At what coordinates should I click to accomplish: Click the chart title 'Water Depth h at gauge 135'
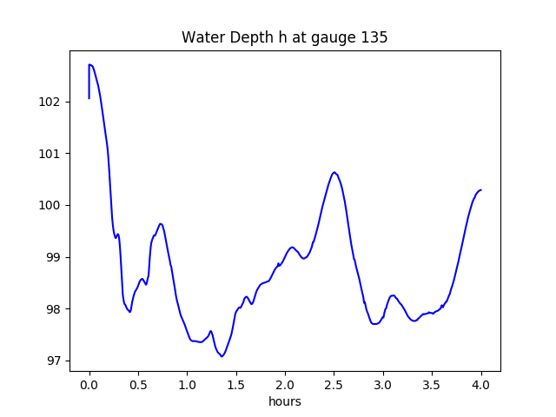coord(284,38)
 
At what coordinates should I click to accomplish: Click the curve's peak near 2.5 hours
coord(334,172)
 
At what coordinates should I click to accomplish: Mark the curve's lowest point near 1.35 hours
coord(222,356)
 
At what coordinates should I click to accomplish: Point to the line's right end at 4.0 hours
coord(481,190)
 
